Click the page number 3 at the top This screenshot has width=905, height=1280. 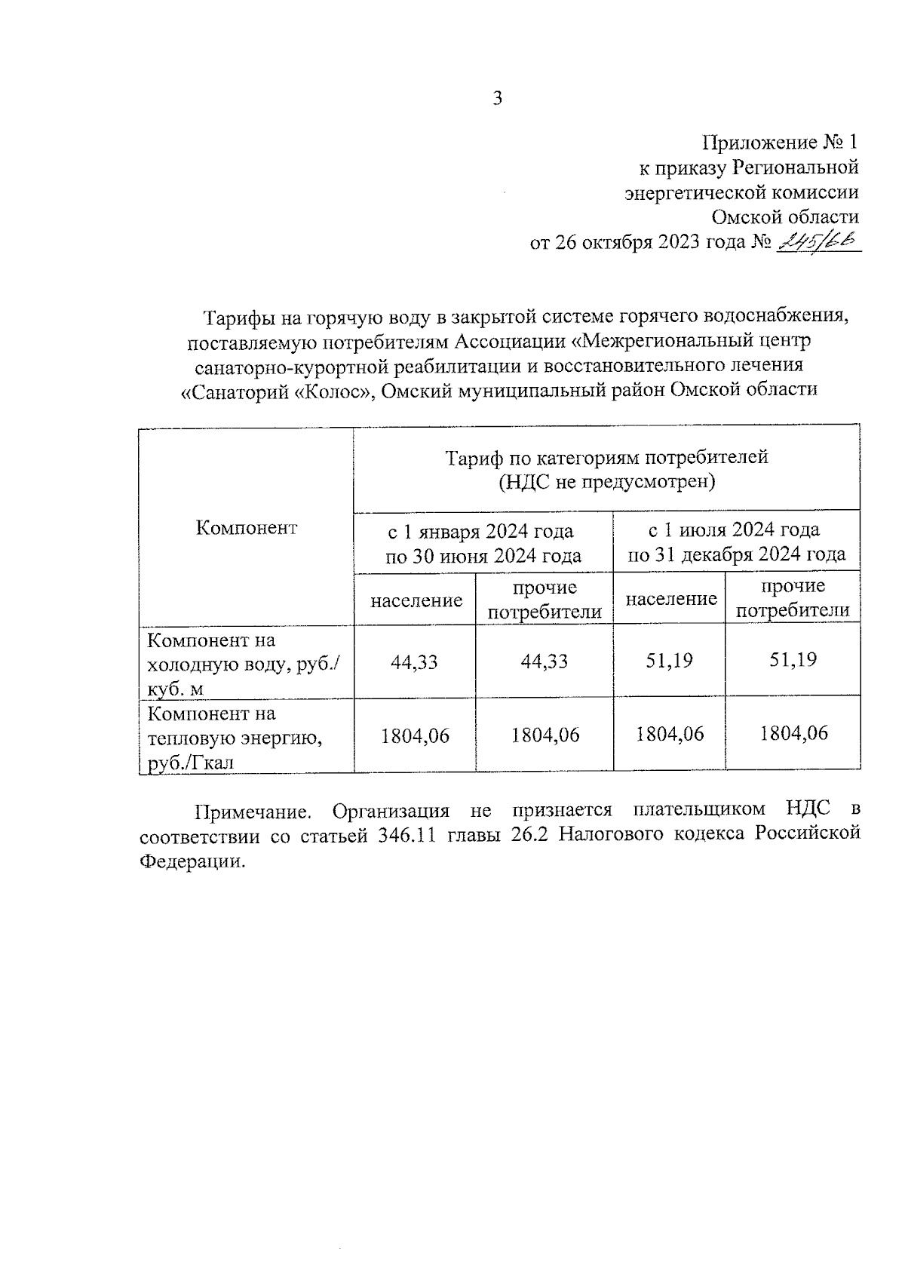pos(497,99)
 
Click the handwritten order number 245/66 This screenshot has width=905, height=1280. pos(818,241)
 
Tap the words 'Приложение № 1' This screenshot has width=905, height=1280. pos(780,143)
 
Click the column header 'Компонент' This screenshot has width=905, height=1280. pos(247,527)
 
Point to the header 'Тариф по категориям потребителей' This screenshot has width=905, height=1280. pos(606,458)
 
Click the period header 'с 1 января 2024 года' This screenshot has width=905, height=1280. pos(481,532)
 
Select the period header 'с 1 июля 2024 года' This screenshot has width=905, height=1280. pos(735,530)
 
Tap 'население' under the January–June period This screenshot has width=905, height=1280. pos(416,600)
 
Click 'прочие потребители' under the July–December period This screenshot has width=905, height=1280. pos(792,598)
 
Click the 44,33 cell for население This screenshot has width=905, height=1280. pos(414,662)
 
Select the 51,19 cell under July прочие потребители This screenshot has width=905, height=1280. pos(793,660)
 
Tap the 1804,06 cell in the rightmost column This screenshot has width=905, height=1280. pos(793,733)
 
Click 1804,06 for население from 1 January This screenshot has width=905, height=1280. pos(415,735)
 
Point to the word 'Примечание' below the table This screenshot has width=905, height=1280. pos(253,812)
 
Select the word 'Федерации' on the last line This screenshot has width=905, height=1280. pos(192,862)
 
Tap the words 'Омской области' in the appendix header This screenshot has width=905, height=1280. pos(785,217)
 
